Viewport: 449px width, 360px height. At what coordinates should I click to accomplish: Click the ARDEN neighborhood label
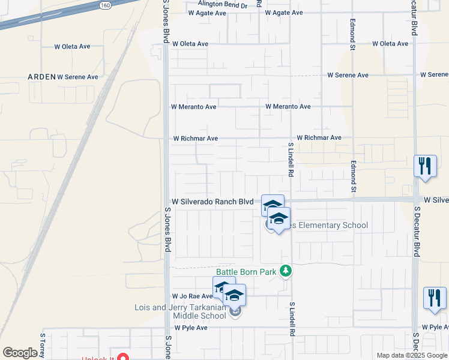[41, 77]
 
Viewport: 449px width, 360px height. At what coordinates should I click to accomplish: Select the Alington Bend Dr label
[217, 5]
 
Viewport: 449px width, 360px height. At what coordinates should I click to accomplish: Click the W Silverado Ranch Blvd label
[212, 202]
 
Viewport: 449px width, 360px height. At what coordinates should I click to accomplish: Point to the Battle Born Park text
[247, 272]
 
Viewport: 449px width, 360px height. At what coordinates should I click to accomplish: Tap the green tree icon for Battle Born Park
[286, 272]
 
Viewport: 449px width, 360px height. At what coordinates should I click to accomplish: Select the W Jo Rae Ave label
[192, 296]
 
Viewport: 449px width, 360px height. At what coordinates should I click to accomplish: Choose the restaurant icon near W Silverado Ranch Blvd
[425, 167]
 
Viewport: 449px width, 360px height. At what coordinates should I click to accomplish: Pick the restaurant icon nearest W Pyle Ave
[435, 298]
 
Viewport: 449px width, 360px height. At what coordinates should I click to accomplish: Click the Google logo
[20, 353]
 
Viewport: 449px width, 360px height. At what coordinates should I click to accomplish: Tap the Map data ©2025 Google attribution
[412, 355]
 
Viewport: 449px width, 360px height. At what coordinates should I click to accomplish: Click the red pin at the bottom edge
[123, 358]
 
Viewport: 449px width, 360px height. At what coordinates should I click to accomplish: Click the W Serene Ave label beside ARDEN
[78, 77]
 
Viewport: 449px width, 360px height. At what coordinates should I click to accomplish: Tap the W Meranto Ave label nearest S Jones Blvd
[193, 107]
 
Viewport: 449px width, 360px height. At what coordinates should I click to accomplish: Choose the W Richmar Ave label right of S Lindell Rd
[319, 137]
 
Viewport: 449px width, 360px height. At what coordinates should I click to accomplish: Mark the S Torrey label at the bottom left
[43, 346]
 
